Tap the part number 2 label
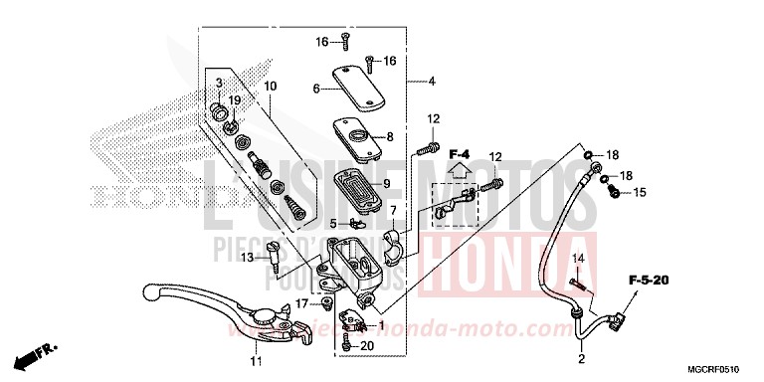pos(581,359)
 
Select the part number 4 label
pos(433,80)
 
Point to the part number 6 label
pos(316,89)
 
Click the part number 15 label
pos(640,192)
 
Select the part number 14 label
pos(576,259)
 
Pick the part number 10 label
pos(270,87)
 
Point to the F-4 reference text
pos(459,154)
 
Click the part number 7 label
pos(393,210)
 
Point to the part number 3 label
pos(220,82)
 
